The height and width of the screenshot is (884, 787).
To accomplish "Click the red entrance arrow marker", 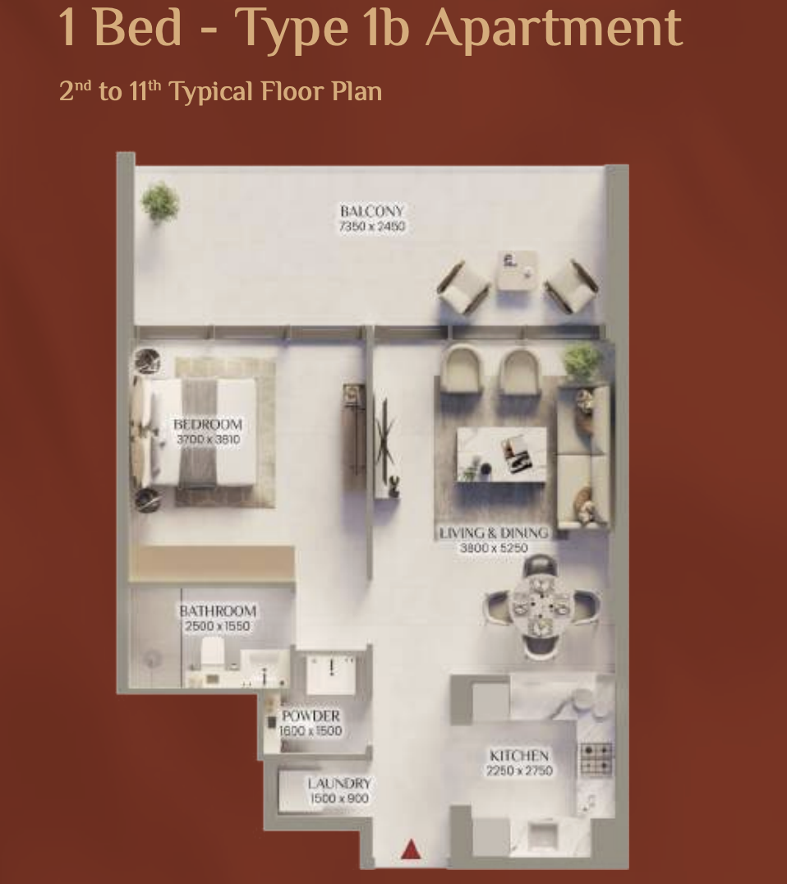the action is (411, 849).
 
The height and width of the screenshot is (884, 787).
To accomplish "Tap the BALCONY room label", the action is (372, 211).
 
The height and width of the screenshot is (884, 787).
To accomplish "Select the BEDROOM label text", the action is (208, 425).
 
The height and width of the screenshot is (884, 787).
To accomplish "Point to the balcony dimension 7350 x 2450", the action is (372, 227).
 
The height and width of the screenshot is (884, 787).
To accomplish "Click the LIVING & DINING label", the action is (494, 532).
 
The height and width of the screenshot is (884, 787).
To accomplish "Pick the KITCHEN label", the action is (519, 756).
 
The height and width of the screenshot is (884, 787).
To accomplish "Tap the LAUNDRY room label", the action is (339, 784).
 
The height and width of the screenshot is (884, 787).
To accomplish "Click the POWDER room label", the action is (311, 716).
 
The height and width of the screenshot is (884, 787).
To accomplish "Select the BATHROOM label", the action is (218, 611).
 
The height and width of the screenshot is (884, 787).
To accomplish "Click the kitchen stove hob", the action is (596, 758).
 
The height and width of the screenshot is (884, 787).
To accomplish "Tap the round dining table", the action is (541, 607).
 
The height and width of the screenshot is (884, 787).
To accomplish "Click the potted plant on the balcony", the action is (160, 202).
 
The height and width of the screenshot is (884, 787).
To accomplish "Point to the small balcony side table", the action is (517, 270).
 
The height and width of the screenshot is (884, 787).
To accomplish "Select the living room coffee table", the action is (501, 454).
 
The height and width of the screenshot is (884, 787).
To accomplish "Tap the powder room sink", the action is (332, 673).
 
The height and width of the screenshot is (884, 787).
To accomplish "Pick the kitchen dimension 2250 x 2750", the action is (519, 771).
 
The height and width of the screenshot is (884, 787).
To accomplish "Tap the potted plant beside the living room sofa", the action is (582, 362).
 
